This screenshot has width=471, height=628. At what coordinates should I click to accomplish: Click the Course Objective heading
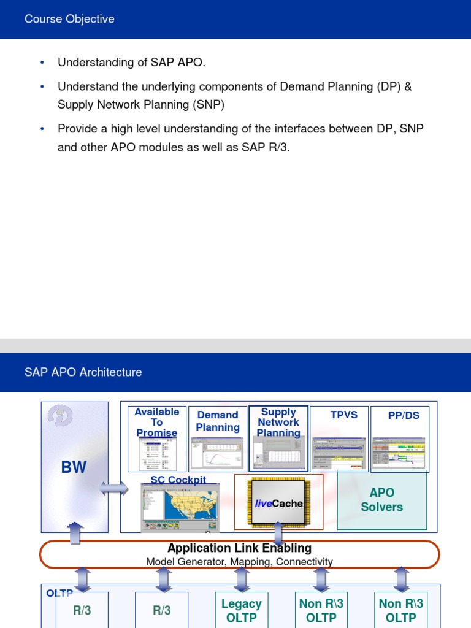(x=69, y=19)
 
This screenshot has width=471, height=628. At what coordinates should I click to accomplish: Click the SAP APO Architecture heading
(x=83, y=372)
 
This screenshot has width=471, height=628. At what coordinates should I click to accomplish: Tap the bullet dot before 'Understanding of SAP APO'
(x=42, y=63)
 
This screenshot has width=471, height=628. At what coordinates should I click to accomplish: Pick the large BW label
(x=74, y=467)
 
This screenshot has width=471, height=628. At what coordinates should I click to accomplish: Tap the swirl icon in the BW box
(x=60, y=416)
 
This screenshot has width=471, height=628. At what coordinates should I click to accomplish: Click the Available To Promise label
(x=157, y=422)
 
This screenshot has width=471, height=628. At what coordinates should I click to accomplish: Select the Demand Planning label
(x=218, y=421)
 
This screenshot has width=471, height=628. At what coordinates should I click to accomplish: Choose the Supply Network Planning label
(x=278, y=422)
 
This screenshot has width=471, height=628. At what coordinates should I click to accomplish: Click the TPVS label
(x=344, y=415)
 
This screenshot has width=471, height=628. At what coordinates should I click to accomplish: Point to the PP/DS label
(x=404, y=415)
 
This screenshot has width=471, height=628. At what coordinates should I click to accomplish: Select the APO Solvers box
(x=381, y=500)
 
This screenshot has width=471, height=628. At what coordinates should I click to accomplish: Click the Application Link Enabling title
(x=239, y=548)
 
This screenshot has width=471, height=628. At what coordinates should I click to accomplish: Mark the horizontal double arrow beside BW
(x=114, y=489)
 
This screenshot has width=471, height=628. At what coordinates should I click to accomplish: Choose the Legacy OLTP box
(x=241, y=610)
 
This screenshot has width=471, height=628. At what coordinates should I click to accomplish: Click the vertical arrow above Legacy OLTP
(x=242, y=579)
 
